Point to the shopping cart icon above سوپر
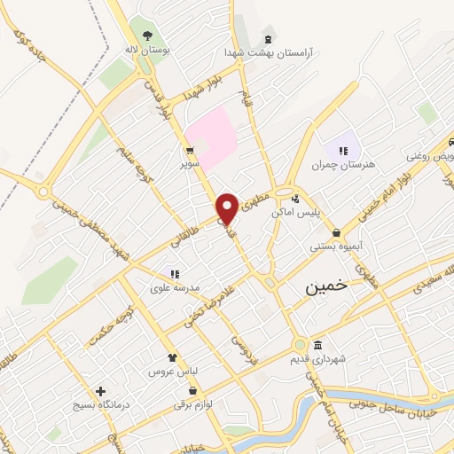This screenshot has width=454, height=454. click(190, 150)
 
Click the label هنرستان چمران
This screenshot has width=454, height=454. click(343, 165)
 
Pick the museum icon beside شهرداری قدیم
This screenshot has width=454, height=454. click(317, 345)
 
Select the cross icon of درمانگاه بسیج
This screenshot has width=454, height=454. click(100, 391)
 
